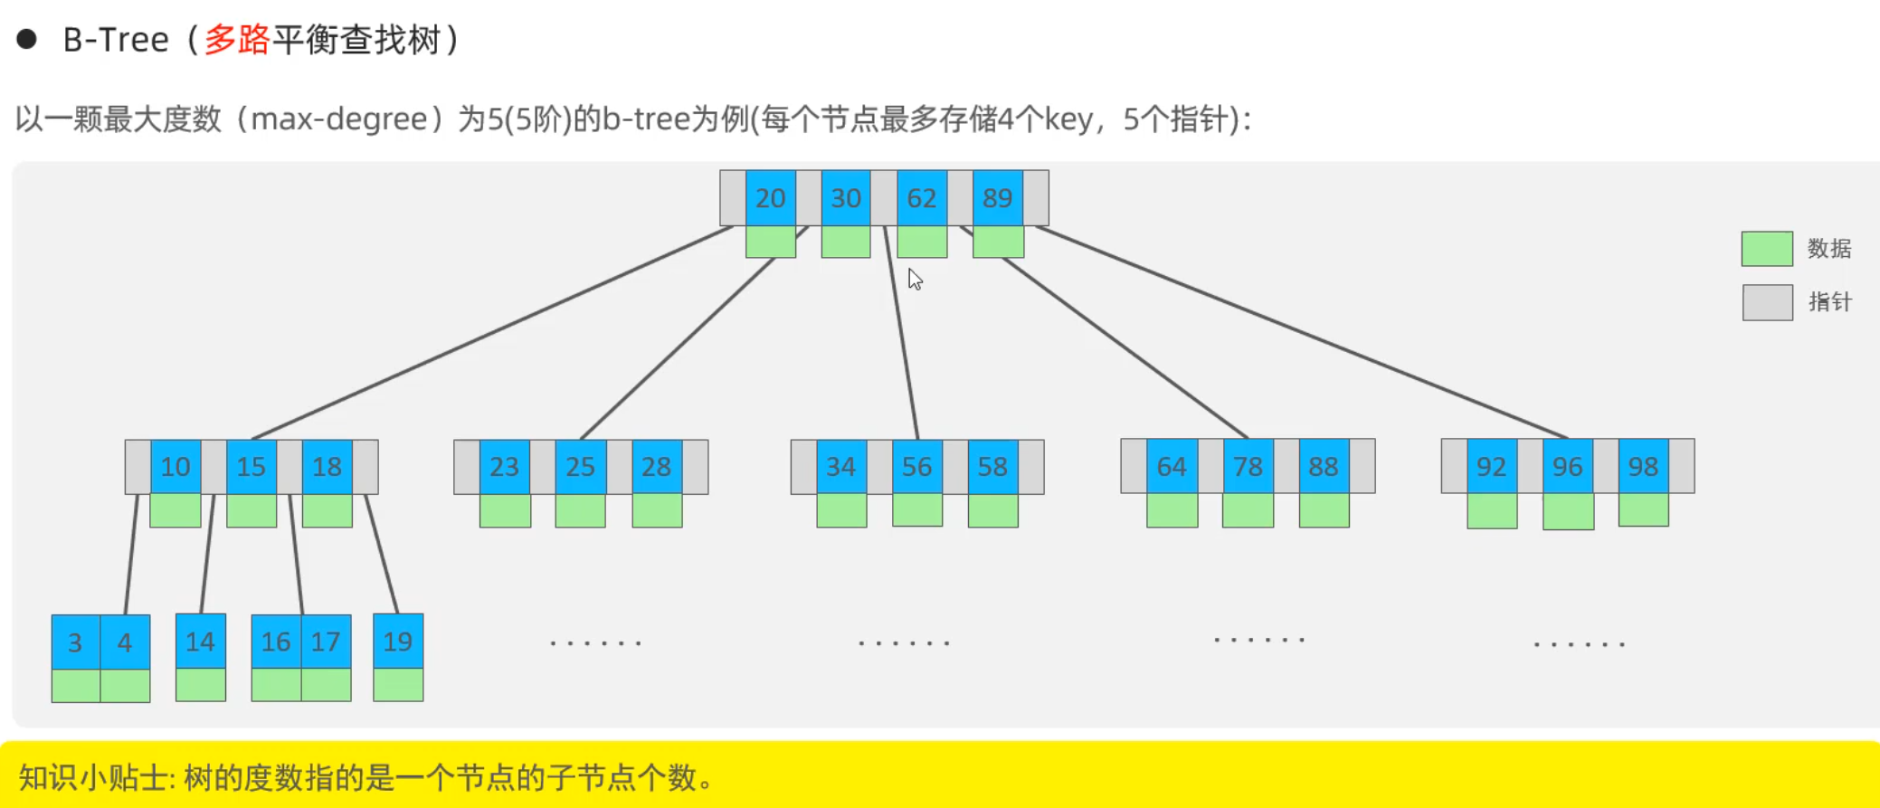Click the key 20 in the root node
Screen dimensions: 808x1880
(x=770, y=198)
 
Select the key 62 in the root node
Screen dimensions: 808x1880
(x=921, y=198)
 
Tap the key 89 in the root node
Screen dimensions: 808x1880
(x=997, y=198)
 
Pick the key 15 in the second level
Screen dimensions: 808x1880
(x=251, y=467)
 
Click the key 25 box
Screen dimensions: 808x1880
(x=580, y=467)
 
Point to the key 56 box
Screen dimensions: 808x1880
(x=916, y=467)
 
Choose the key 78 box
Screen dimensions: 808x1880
(x=1248, y=467)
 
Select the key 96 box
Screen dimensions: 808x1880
(x=1567, y=467)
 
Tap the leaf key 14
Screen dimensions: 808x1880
(x=200, y=642)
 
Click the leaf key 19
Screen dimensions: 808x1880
(x=397, y=642)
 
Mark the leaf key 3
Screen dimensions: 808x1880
(x=75, y=642)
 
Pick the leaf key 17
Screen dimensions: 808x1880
(x=326, y=642)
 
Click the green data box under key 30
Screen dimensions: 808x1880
(x=846, y=242)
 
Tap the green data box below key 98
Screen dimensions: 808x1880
(x=1643, y=510)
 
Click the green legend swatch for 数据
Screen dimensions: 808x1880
(x=1766, y=248)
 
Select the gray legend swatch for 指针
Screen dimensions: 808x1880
(x=1767, y=302)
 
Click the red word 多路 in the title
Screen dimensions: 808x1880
(x=237, y=40)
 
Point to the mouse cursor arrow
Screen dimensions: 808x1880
(x=915, y=279)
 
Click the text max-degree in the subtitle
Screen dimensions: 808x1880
(x=339, y=119)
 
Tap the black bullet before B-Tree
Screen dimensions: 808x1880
(x=26, y=39)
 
